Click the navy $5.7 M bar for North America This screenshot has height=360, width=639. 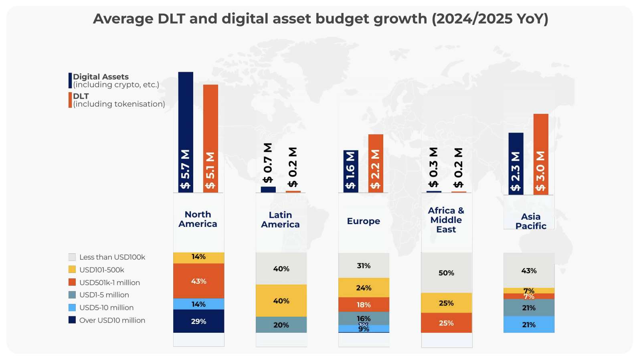pyautogui.click(x=186, y=132)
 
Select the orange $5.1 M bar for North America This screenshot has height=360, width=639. pyautogui.click(x=210, y=138)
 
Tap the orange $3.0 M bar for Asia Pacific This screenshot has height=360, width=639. pyautogui.click(x=540, y=154)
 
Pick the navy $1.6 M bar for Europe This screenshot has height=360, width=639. pyautogui.click(x=351, y=171)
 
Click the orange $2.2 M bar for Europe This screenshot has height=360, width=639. pyautogui.click(x=376, y=163)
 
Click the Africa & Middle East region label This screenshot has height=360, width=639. pyautogui.click(x=446, y=220)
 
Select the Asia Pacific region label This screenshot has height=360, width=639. pyautogui.click(x=531, y=221)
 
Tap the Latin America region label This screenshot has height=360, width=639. pyautogui.click(x=280, y=220)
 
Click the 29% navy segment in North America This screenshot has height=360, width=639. pyautogui.click(x=198, y=321)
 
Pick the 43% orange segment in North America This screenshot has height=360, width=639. pyautogui.click(x=198, y=281)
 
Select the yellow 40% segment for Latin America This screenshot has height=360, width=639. pyautogui.click(x=281, y=301)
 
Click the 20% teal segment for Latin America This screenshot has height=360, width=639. pyautogui.click(x=281, y=325)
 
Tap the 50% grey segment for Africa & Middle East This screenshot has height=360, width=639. pyautogui.click(x=446, y=273)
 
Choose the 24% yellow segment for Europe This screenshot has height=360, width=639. pyautogui.click(x=364, y=288)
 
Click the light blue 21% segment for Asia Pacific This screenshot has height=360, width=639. pyautogui.click(x=529, y=325)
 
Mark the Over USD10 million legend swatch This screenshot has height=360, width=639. pyautogui.click(x=72, y=320)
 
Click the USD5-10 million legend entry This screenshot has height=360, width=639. pyautogui.click(x=106, y=307)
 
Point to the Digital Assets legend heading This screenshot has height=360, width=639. pyautogui.click(x=101, y=77)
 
